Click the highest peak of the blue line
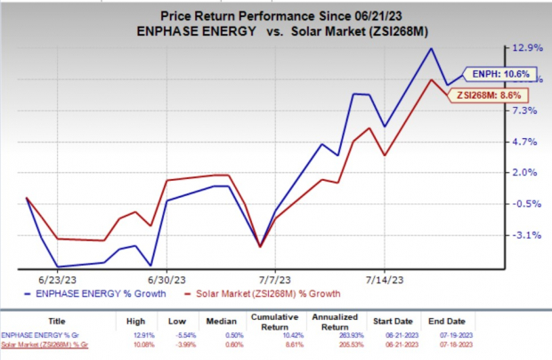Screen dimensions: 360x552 431,48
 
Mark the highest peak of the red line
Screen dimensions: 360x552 432,80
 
